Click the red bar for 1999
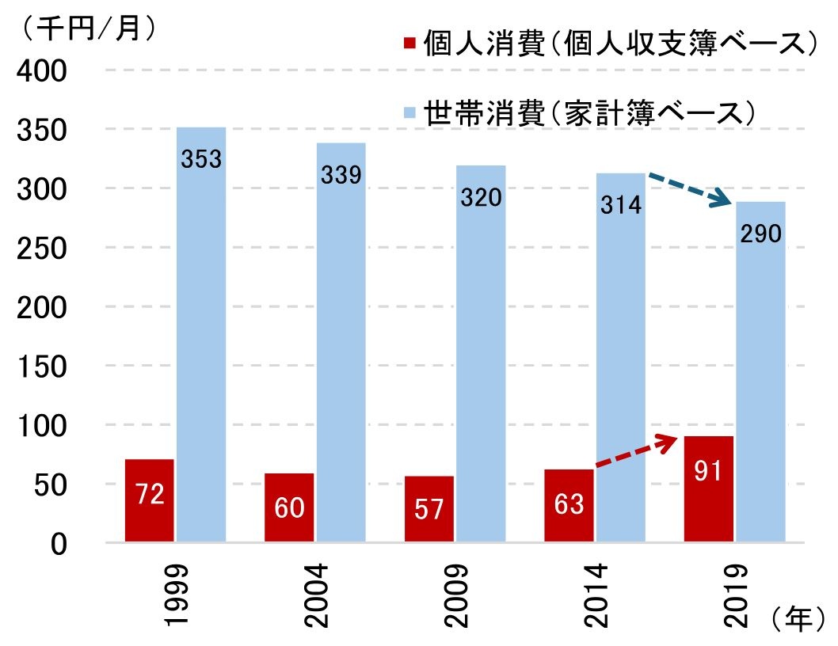click(149, 500)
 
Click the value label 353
click(201, 159)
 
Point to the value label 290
click(760, 234)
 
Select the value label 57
click(429, 508)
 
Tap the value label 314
click(620, 206)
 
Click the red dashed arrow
click(646, 454)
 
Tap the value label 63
click(569, 503)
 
